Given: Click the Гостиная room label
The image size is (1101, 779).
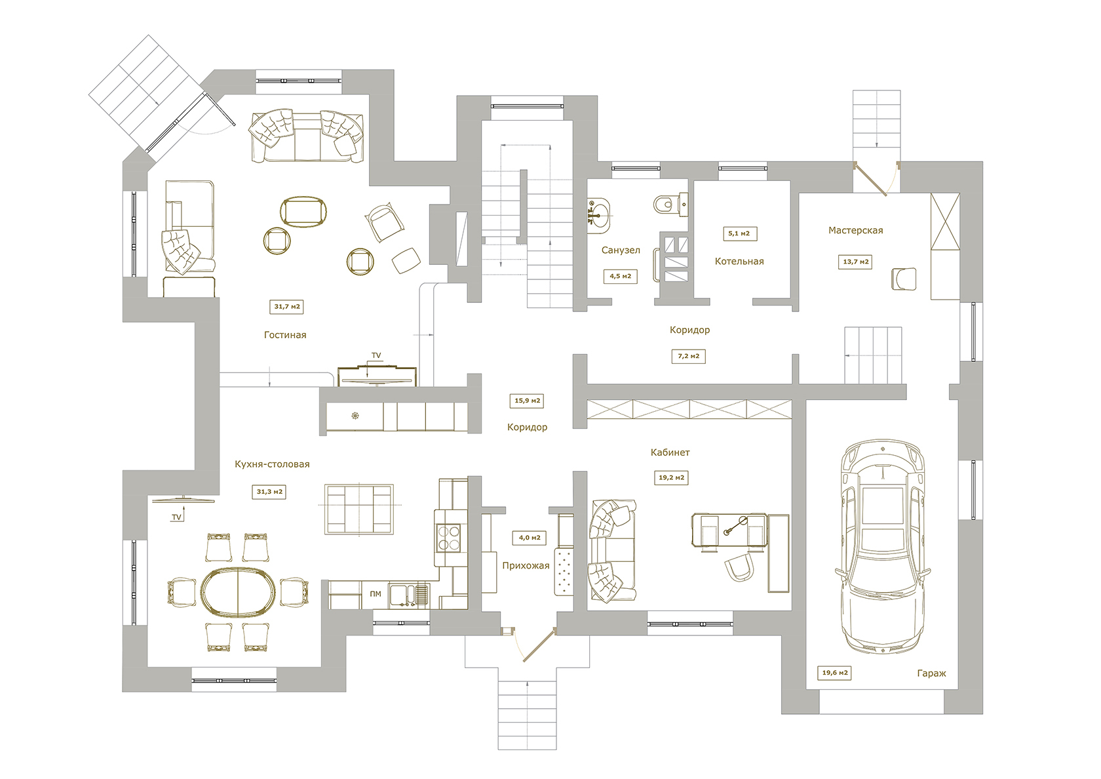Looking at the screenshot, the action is coord(285,335).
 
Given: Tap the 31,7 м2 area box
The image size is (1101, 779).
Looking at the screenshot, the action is coord(286,306).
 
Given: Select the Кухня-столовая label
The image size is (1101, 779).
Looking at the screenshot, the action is coord(272,464).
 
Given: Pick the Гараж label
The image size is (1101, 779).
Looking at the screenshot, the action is coord(931,674).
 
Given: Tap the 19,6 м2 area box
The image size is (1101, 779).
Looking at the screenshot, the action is coord(835,672).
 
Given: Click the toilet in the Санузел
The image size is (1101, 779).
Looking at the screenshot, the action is coord(670,203).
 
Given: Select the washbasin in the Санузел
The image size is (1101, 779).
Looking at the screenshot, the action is coord(599,215).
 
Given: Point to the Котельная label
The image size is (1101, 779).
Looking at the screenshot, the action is coord(739,262).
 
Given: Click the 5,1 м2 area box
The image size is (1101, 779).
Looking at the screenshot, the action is coord(740,233).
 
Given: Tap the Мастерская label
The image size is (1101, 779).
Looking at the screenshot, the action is coord(856,230).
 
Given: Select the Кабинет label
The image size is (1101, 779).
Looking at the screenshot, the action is coord(670,452).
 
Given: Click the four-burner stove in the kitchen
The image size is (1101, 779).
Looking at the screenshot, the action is coord(448,538).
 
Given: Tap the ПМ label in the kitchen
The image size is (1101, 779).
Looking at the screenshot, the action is coord(376,594).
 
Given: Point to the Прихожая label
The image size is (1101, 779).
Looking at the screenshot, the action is coord(526,566).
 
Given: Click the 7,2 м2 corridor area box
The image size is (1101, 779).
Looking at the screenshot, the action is coord(689,356).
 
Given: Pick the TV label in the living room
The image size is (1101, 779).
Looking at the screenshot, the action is coord(376,355).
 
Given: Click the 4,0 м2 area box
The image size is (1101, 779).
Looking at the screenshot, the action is coord(530,538).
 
